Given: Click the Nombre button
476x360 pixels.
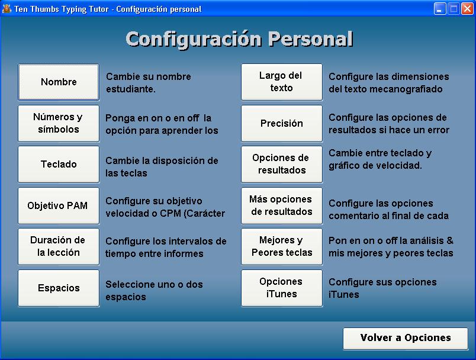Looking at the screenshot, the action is (59, 82).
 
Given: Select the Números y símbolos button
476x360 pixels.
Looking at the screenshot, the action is (59, 123).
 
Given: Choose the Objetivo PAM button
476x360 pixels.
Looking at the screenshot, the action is (59, 205).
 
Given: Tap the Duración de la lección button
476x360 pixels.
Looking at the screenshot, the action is (59, 246).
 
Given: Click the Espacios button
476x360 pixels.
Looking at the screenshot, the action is (59, 288).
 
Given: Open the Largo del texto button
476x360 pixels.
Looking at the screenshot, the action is (282, 82).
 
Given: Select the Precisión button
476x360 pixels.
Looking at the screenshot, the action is (282, 123).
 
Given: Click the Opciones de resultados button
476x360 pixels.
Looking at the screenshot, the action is (282, 164).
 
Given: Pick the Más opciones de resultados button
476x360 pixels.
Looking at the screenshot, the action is (282, 205).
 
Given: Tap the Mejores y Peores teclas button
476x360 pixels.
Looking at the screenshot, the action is (282, 246).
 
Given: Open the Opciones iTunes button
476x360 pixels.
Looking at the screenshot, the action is (282, 288).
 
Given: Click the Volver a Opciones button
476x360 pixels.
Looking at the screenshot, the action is (406, 339).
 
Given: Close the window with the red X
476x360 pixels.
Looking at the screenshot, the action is (467, 9).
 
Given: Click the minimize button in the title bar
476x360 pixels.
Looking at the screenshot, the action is (439, 9).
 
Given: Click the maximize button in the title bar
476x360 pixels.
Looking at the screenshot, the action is (454, 9).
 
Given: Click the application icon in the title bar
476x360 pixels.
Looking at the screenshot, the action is (7, 9).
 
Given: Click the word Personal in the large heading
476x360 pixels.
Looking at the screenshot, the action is (310, 39).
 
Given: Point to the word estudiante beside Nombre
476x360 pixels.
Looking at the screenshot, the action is (130, 89).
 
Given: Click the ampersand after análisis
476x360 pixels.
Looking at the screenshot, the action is (450, 240).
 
